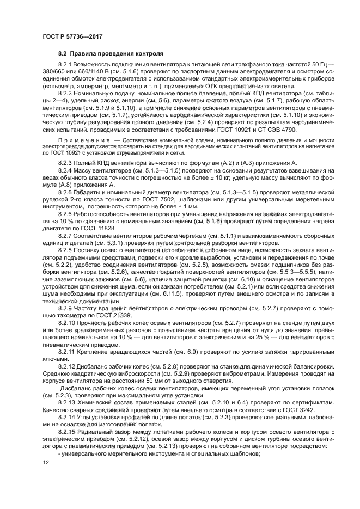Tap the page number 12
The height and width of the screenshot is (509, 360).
46,463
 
